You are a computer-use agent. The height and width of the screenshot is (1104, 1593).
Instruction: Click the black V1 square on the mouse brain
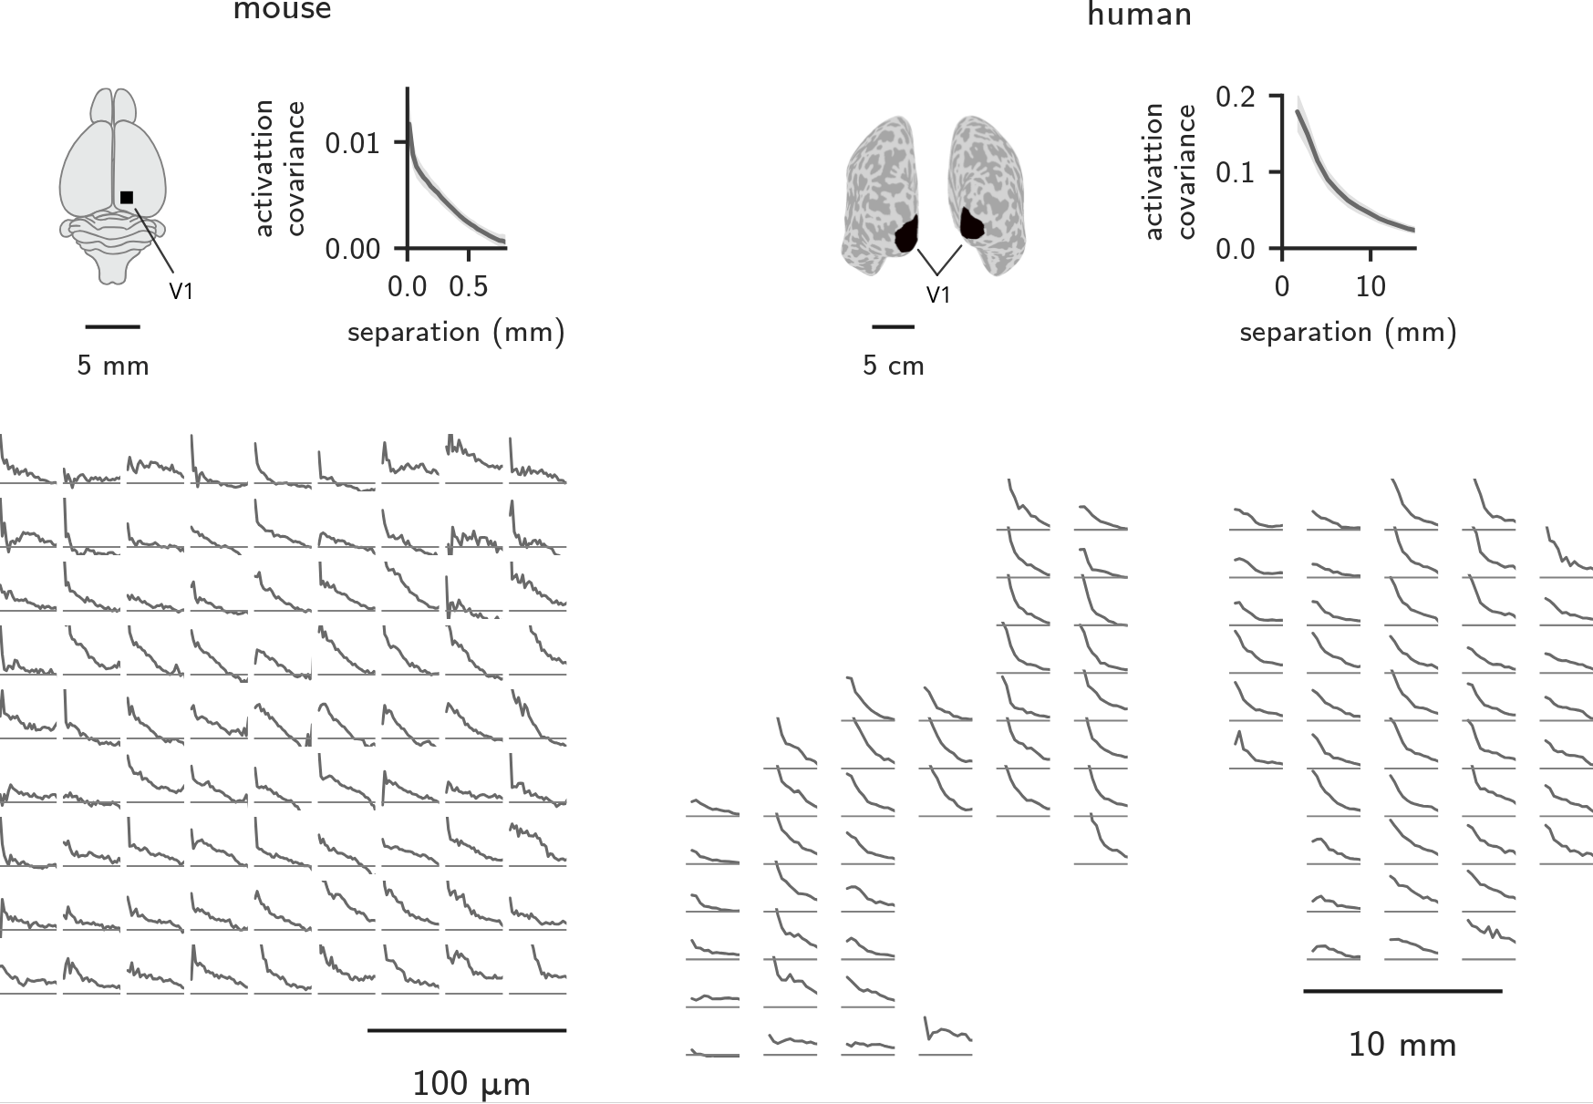coord(127,197)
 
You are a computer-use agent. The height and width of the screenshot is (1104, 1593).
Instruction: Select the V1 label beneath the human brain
coord(938,294)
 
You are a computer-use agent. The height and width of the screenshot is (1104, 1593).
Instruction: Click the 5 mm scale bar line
coord(112,325)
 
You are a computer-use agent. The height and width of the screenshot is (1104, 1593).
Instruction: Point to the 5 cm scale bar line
coord(893,325)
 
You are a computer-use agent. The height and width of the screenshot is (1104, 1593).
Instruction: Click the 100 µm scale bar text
coord(471,1084)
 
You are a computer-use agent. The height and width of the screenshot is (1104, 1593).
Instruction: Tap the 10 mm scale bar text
coord(1402,1044)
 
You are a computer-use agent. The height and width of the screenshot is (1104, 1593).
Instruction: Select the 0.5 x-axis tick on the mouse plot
coord(469,286)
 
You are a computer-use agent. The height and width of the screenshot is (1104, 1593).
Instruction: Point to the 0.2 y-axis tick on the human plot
coord(1236,97)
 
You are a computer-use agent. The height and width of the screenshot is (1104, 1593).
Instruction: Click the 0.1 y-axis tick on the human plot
coord(1236,172)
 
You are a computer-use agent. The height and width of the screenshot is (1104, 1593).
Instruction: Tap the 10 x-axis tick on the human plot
coord(1370,286)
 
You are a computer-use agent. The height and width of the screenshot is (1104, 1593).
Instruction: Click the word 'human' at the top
coord(1140,15)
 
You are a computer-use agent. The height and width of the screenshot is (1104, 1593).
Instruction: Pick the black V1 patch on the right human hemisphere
coord(973,222)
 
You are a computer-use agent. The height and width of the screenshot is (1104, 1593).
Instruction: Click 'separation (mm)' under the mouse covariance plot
coord(456,332)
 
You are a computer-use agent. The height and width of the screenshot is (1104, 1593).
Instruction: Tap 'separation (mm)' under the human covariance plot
coord(1348,332)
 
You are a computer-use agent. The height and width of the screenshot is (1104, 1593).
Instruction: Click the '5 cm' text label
coord(894,366)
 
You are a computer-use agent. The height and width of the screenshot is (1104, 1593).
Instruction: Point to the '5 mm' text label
coord(113,366)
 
